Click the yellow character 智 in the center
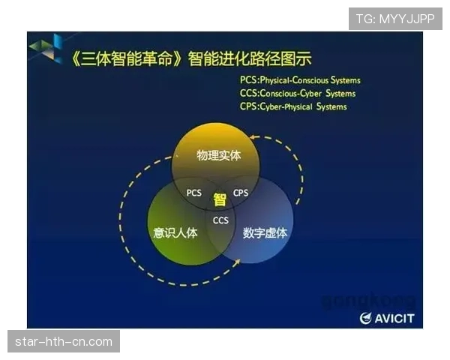(219, 199)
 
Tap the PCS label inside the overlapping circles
(193, 193)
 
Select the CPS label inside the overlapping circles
(241, 193)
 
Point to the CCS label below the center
(220, 220)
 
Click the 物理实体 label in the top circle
(218, 155)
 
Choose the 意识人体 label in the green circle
(175, 232)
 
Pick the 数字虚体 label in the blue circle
(265, 232)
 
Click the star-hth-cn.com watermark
(63, 342)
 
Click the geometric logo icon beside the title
(46, 48)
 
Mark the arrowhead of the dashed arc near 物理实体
(253, 139)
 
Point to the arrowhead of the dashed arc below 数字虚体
(238, 261)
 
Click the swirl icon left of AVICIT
(365, 319)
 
